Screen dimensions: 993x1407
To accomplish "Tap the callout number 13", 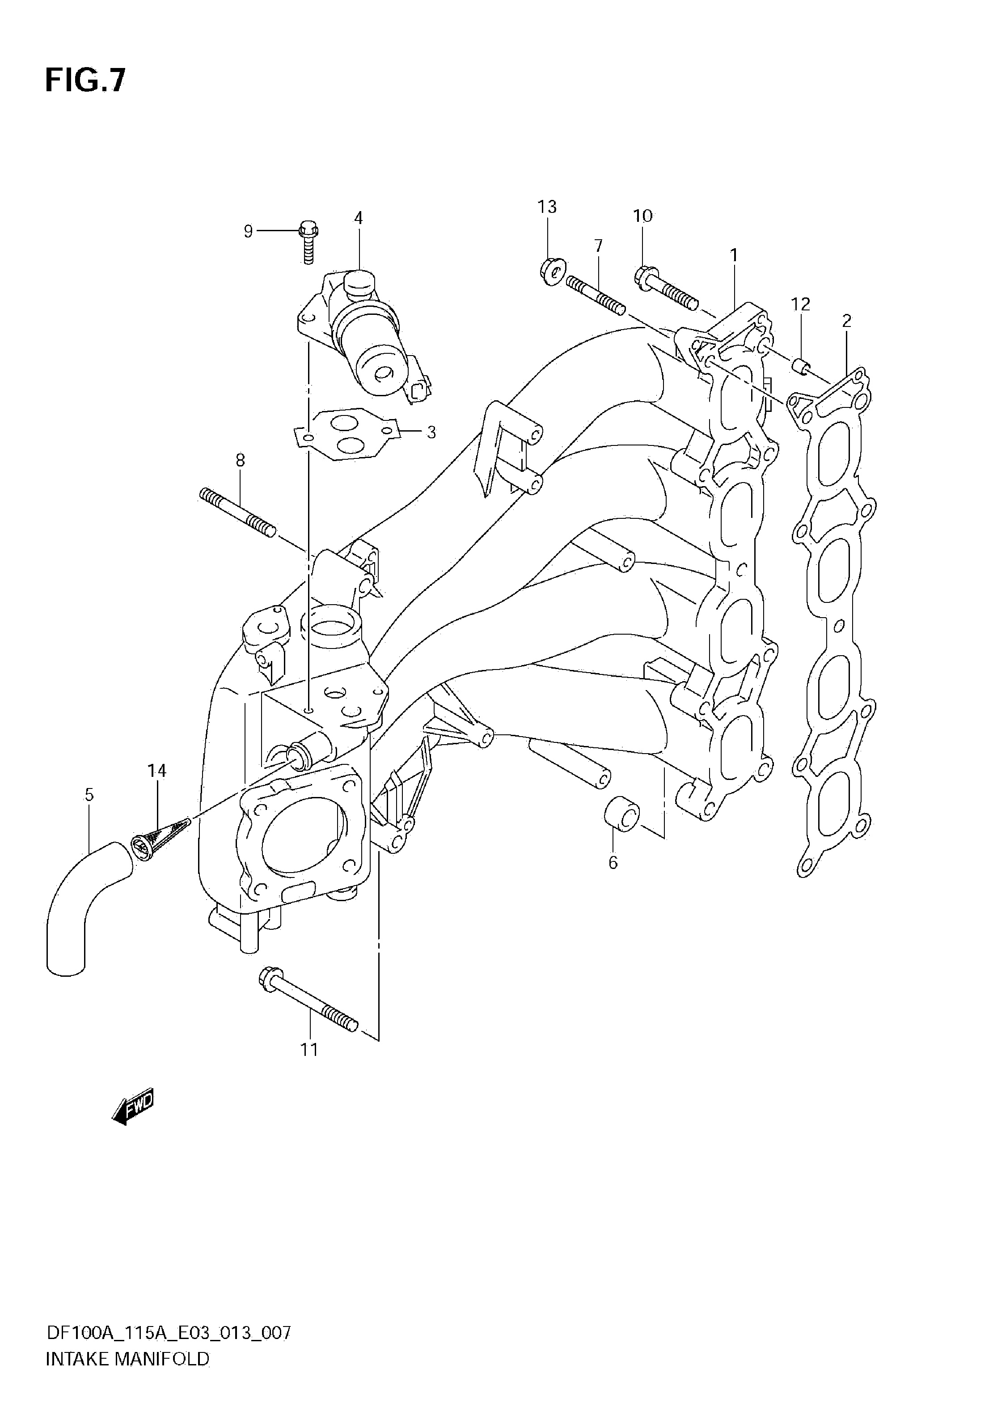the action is click(547, 207).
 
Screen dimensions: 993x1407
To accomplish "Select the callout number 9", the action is click(248, 232).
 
